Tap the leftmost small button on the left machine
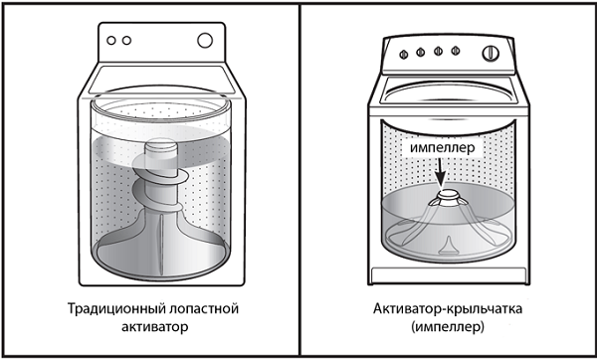111,41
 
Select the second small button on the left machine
127,41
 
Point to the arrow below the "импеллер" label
440,171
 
